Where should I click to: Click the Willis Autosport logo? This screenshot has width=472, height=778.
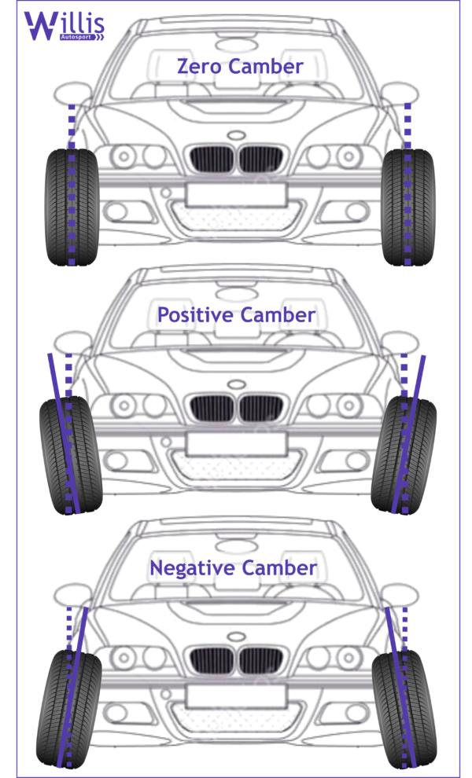pyautogui.click(x=63, y=26)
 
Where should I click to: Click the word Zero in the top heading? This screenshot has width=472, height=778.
pyautogui.click(x=199, y=67)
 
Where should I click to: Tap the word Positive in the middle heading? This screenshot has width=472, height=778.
pyautogui.click(x=194, y=316)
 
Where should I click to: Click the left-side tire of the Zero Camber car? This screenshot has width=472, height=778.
pyautogui.click(x=72, y=207)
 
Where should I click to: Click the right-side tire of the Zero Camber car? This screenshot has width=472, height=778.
pyautogui.click(x=407, y=207)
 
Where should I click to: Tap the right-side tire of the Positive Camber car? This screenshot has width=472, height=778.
pyautogui.click(x=404, y=456)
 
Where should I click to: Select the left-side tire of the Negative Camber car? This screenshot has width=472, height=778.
pyautogui.click(x=69, y=707)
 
